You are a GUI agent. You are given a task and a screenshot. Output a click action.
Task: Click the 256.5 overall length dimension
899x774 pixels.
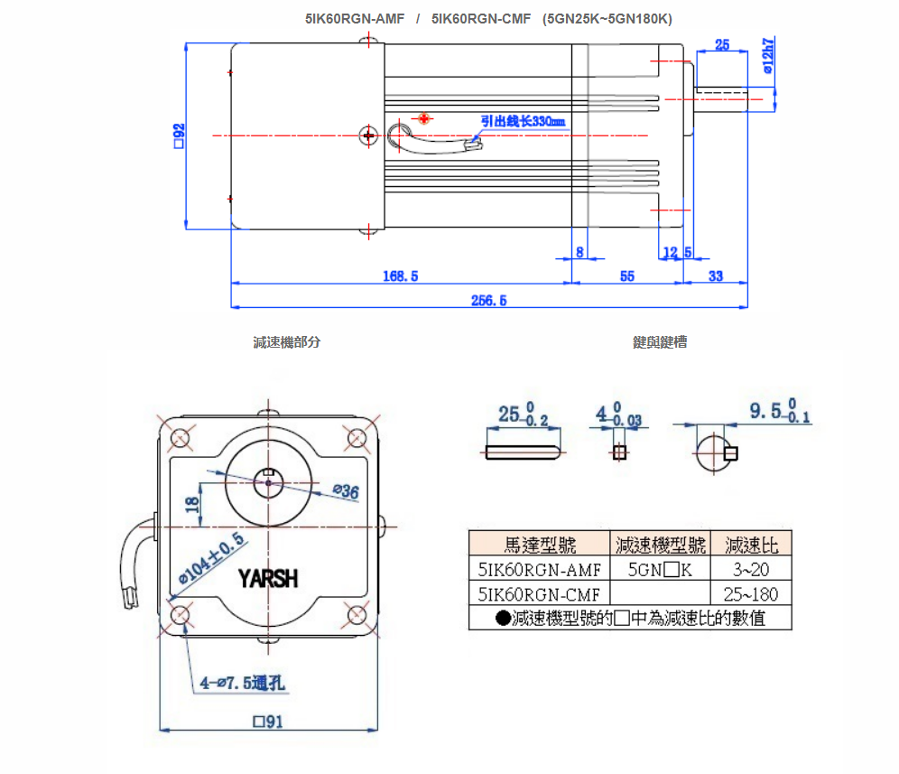(x=489, y=300)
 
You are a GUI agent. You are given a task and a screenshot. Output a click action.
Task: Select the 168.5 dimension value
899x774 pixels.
(x=401, y=276)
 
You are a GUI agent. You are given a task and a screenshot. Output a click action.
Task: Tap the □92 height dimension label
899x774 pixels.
(x=179, y=135)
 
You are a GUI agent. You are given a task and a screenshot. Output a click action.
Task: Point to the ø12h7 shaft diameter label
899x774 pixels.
(x=768, y=55)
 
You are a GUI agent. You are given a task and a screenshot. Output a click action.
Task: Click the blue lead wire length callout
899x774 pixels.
(x=523, y=121)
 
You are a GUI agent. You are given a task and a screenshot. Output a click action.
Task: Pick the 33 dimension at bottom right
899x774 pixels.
(x=716, y=276)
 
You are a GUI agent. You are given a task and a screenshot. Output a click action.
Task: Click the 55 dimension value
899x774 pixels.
(x=627, y=276)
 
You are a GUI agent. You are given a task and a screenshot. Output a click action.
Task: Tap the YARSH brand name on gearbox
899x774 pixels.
(x=268, y=578)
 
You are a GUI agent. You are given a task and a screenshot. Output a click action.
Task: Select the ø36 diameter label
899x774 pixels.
(x=345, y=491)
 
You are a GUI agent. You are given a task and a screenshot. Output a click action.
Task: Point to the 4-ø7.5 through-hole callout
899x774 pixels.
(x=242, y=683)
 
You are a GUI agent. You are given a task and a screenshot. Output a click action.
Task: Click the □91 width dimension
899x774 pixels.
(x=269, y=722)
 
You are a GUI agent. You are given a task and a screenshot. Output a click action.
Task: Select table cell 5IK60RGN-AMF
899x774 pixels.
(x=539, y=569)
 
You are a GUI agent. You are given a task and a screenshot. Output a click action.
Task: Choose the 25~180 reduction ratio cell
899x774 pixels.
(x=751, y=593)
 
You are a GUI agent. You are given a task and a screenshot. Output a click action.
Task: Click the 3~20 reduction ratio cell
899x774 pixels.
(x=751, y=569)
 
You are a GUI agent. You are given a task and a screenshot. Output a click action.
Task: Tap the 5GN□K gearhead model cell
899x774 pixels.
(x=660, y=569)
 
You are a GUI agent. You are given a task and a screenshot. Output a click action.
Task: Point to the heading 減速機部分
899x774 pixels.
(x=287, y=342)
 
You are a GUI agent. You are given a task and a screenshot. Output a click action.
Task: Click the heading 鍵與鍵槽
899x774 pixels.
(x=660, y=342)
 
